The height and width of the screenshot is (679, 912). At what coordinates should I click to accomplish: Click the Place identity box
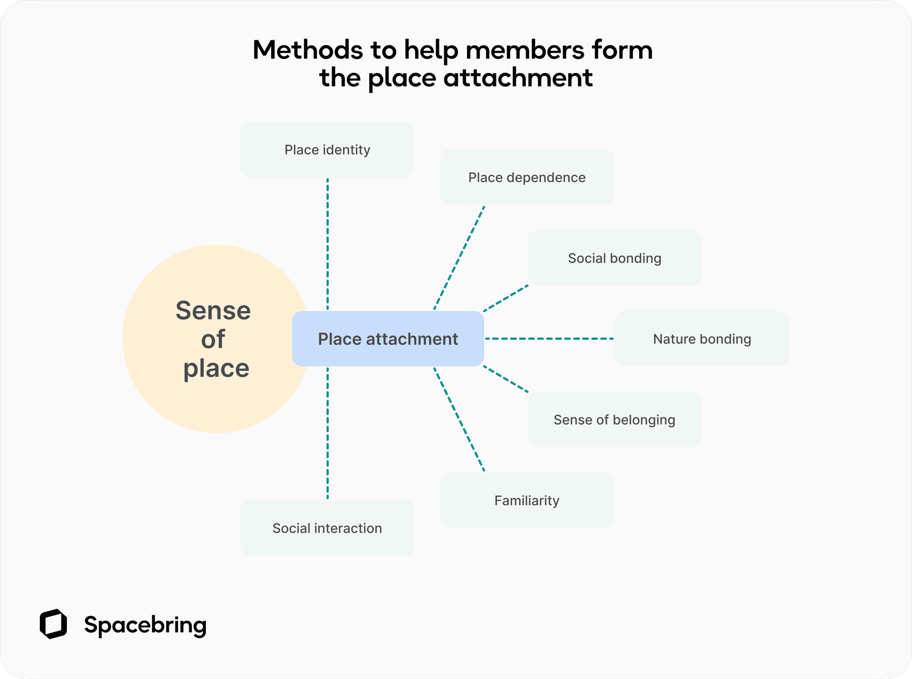[327, 149]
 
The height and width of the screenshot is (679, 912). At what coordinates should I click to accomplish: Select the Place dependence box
[526, 177]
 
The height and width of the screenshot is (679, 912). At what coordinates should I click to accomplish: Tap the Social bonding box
[614, 258]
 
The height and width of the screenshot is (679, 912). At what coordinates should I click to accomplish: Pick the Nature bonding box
[701, 339]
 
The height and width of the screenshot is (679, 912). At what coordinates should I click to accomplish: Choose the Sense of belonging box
[614, 419]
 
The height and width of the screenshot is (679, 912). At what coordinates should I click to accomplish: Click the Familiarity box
[526, 500]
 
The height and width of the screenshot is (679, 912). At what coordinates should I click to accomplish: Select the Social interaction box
[327, 528]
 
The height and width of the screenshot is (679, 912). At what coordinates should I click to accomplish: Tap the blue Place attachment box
[388, 339]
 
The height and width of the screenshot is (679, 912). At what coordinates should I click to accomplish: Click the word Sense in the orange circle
[213, 310]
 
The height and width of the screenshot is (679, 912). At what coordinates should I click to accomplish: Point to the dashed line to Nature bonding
[549, 339]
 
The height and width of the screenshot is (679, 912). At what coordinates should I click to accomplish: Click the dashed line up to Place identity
[328, 243]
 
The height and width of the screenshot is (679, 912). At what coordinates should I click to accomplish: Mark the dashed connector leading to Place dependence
[459, 258]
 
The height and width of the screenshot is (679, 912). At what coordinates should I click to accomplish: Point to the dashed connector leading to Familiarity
[459, 419]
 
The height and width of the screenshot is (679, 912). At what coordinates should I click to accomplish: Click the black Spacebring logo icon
[53, 624]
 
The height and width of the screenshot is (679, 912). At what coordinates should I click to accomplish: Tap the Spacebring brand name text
[145, 625]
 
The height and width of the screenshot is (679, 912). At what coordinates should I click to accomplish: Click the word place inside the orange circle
[216, 369]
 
